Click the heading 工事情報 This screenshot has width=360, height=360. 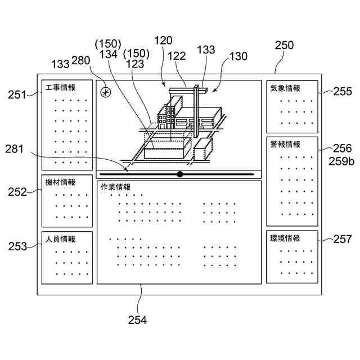(60, 87)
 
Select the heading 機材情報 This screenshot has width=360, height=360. (60, 182)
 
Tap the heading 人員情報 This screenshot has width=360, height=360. (60, 239)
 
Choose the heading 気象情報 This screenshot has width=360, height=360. (285, 88)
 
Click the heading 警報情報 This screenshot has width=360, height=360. (285, 144)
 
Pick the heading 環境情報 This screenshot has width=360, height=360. (285, 238)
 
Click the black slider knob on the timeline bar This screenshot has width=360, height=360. (180, 174)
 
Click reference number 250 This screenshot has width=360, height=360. (285, 46)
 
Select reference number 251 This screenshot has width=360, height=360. (17, 94)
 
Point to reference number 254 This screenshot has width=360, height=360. (137, 320)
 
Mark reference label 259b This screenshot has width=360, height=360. (341, 161)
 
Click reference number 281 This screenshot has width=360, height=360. (15, 149)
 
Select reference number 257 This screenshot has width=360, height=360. (342, 240)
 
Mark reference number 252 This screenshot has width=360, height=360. (17, 192)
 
